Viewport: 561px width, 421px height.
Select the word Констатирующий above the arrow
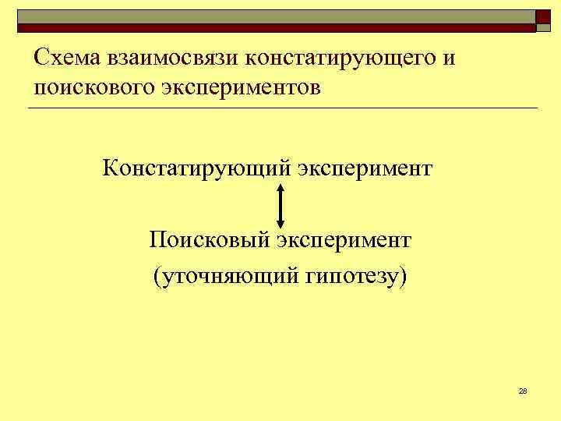(x=196, y=168)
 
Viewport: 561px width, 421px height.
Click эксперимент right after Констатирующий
(x=364, y=168)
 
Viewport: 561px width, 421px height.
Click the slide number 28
(x=523, y=391)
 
